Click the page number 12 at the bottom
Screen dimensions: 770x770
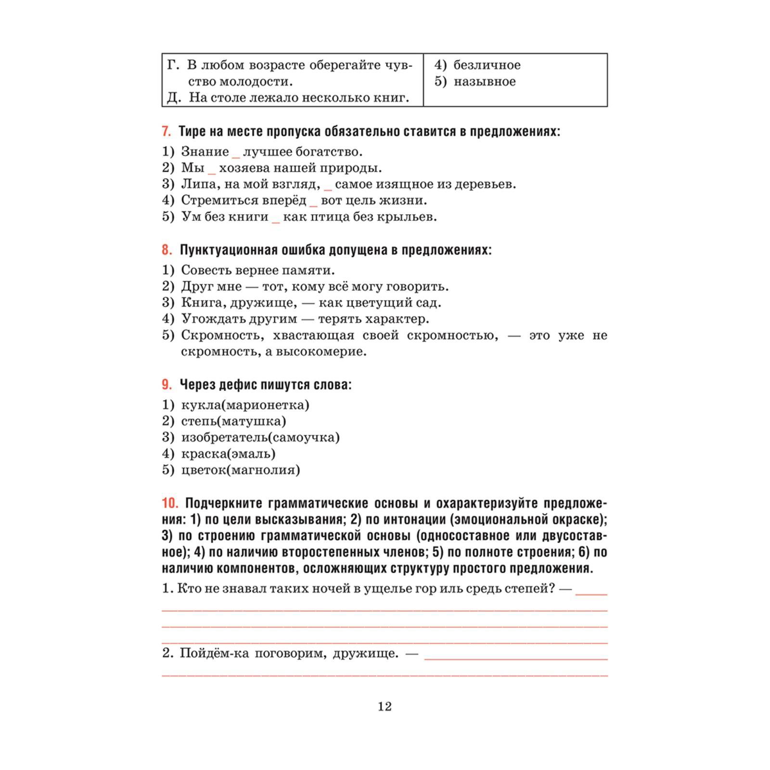(385, 706)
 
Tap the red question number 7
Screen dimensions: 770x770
(166, 131)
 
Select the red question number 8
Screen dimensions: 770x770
(167, 250)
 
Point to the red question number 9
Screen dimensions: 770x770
(167, 385)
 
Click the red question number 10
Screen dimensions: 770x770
(170, 503)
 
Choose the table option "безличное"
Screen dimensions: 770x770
(487, 65)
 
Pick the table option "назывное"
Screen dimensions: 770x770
(484, 81)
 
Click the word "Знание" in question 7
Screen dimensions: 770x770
(205, 152)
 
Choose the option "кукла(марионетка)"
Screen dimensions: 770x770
(245, 405)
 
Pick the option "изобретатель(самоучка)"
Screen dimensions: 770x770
(260, 437)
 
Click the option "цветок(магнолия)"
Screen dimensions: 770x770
(240, 470)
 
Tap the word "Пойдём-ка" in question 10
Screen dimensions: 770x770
(214, 654)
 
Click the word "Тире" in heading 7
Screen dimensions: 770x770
(191, 131)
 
